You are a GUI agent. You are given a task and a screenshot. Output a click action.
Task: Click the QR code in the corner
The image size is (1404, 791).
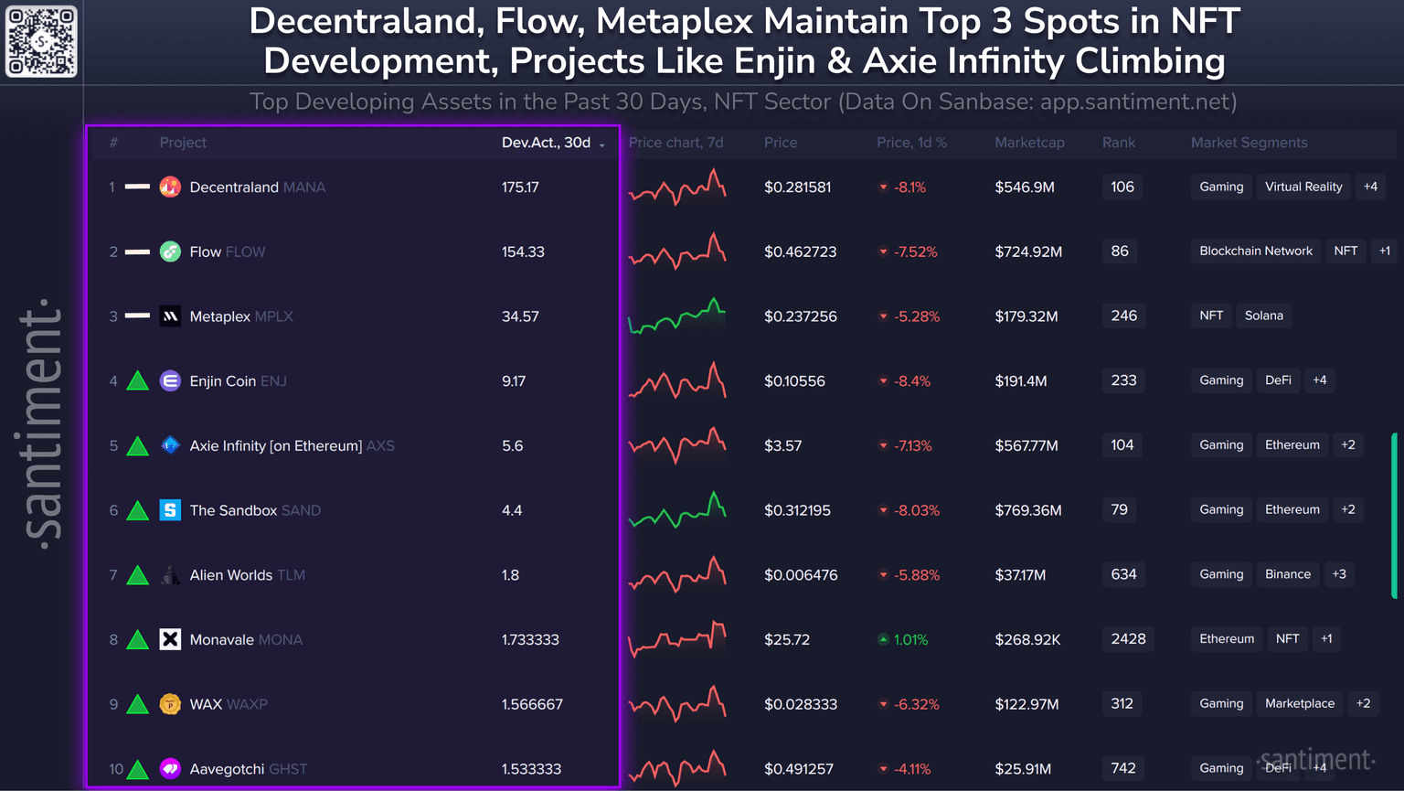[x=41, y=41]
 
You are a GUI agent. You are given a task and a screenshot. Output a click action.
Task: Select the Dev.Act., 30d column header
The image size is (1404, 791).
[x=547, y=143]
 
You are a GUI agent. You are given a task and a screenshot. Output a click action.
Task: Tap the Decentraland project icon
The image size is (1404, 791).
[x=170, y=187]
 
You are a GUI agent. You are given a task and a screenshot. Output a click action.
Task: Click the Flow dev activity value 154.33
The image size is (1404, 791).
[x=523, y=251]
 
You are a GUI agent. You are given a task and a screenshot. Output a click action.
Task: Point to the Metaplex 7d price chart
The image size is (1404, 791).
[x=677, y=315]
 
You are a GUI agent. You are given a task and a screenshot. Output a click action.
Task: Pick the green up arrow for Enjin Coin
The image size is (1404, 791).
[x=138, y=380]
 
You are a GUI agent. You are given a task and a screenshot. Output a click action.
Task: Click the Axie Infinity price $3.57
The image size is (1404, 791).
[x=782, y=445]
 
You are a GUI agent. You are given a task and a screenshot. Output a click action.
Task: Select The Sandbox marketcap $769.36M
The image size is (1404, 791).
[x=1028, y=510]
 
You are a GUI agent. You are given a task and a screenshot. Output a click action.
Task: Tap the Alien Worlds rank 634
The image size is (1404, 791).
[x=1123, y=574]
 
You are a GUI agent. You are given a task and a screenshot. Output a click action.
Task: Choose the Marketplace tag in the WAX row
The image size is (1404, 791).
[x=1300, y=703]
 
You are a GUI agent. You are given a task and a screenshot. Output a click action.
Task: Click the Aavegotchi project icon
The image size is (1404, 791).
[x=170, y=768]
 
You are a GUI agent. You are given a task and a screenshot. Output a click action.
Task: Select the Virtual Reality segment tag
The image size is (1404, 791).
[x=1303, y=187]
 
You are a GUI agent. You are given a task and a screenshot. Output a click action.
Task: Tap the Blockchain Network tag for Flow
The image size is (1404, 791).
[x=1256, y=251]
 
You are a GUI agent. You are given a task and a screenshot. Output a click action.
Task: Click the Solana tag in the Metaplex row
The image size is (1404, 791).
[x=1264, y=315]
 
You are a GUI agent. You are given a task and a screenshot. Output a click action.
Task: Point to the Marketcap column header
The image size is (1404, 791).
[x=1029, y=143]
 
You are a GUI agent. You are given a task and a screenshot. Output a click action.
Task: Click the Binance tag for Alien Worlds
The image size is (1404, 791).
[x=1288, y=574]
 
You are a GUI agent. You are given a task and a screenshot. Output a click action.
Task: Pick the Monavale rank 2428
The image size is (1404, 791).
[x=1128, y=639]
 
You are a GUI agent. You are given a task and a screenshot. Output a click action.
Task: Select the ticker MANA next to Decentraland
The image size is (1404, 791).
[x=304, y=187]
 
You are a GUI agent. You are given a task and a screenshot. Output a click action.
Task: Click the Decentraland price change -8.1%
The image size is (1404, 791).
[x=909, y=187]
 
